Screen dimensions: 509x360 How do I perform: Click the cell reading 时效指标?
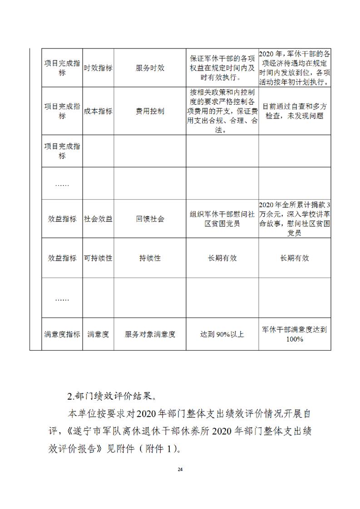[x=98, y=68]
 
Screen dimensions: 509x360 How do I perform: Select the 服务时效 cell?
[x=150, y=68]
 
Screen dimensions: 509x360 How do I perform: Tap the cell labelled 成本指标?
[x=98, y=111]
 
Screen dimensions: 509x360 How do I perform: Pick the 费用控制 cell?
[x=150, y=111]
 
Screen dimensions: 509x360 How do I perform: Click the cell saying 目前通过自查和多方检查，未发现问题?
[x=295, y=111]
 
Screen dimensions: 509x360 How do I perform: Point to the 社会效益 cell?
[x=98, y=219]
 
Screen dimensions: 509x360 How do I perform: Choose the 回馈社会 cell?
[x=150, y=219]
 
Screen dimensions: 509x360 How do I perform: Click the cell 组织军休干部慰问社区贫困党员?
[x=222, y=219]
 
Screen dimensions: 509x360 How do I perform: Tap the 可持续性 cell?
[x=98, y=258]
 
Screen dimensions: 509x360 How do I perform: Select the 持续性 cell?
[x=150, y=258]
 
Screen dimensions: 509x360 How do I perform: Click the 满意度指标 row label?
[x=62, y=334]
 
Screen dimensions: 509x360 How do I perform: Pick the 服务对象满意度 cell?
[x=150, y=334]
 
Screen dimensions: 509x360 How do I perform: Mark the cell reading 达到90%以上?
[x=222, y=334]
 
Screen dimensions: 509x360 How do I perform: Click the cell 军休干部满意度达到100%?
[x=295, y=334]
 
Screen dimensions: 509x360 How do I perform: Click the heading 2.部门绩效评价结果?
[x=112, y=396]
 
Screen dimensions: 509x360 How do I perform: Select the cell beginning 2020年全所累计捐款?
[x=295, y=219]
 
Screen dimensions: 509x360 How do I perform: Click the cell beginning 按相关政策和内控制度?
[x=222, y=111]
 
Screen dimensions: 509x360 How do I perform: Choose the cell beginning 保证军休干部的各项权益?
[x=222, y=68]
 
